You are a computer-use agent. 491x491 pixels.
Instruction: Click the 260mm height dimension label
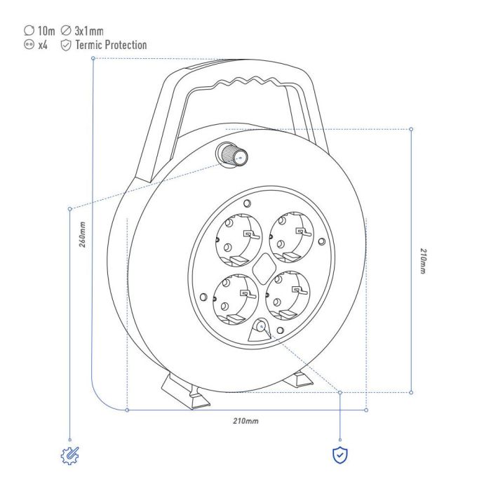[x=82, y=235]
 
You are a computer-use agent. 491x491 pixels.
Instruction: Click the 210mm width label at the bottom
[x=245, y=421]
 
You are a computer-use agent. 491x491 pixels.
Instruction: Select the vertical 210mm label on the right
[x=422, y=260]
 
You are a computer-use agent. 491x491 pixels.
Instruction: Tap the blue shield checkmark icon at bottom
[x=340, y=455]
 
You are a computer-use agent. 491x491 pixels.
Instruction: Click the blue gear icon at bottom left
[x=70, y=455]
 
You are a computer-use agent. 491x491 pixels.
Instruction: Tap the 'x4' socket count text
[x=43, y=45]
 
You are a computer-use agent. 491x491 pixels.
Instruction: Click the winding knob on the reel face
[x=230, y=154]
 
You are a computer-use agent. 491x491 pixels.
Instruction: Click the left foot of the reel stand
[x=184, y=391]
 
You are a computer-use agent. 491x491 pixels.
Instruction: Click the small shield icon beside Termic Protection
[x=66, y=45]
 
